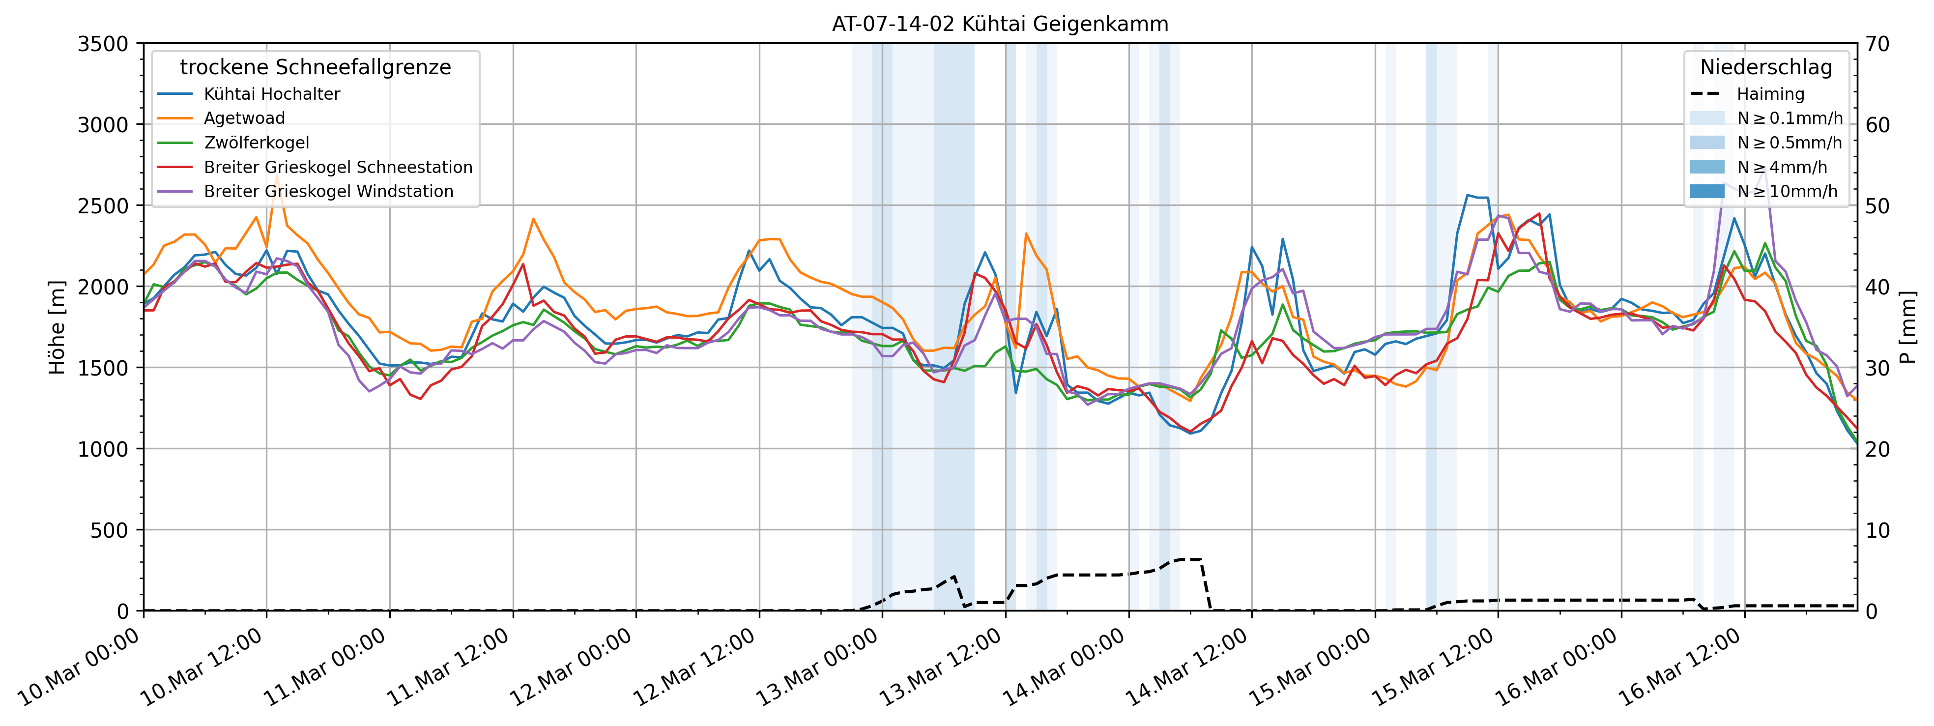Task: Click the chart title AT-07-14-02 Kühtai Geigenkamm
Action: point(1000,24)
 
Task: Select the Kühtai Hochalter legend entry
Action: point(272,94)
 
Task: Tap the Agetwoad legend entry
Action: point(244,118)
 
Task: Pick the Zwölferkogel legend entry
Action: point(256,143)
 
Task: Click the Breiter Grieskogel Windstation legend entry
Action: point(328,191)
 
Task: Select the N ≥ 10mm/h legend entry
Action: point(1787,191)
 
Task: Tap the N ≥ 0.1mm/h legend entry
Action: point(1789,118)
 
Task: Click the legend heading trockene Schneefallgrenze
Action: point(316,67)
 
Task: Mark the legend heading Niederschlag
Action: point(1766,67)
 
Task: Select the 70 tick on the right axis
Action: point(1877,44)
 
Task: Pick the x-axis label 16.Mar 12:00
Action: point(1679,667)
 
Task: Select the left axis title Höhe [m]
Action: point(57,327)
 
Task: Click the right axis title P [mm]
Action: point(1908,327)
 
